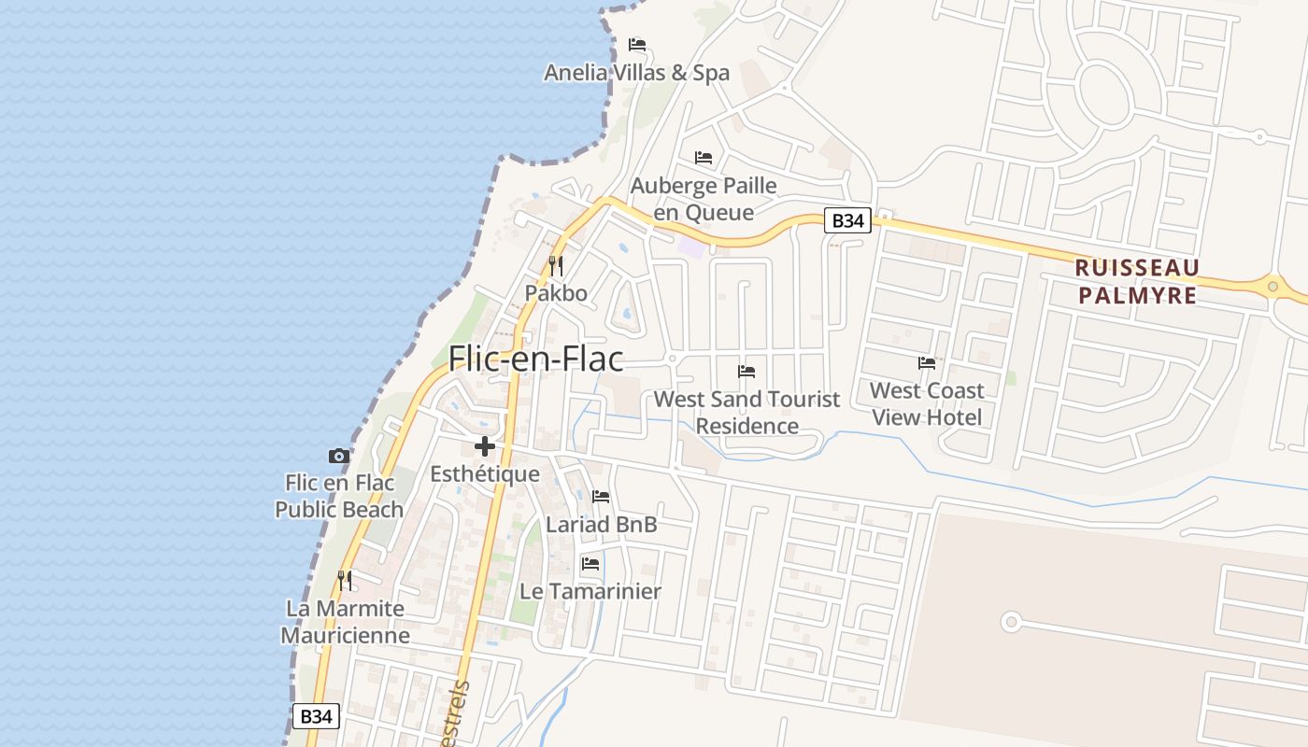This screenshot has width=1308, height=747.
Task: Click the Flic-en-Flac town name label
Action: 535,359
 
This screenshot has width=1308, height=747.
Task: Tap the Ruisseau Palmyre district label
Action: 1136,281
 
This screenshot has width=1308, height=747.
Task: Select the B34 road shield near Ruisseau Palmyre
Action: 847,221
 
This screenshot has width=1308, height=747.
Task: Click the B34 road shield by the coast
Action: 316,716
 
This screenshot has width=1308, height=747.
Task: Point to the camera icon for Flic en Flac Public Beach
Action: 339,457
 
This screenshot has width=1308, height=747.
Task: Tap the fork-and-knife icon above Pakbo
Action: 556,266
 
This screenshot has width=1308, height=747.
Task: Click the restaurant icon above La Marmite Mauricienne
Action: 345,581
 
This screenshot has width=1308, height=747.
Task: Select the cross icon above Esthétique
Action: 484,446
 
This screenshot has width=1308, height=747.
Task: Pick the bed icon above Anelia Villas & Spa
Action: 637,45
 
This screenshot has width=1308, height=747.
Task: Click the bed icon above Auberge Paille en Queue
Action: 704,158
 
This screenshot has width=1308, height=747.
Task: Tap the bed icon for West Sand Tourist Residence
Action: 746,372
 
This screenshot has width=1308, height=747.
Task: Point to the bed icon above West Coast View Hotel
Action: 927,363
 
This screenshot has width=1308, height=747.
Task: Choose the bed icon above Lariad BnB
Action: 601,497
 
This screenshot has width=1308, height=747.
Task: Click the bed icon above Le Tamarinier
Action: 590,564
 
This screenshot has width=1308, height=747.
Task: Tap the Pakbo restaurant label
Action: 556,293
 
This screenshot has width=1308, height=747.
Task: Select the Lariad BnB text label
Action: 602,525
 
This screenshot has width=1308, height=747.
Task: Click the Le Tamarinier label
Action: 590,591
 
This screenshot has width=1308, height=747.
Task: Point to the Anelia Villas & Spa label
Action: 637,73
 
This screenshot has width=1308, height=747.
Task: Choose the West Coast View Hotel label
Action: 927,403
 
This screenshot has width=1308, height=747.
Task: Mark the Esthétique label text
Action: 485,474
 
